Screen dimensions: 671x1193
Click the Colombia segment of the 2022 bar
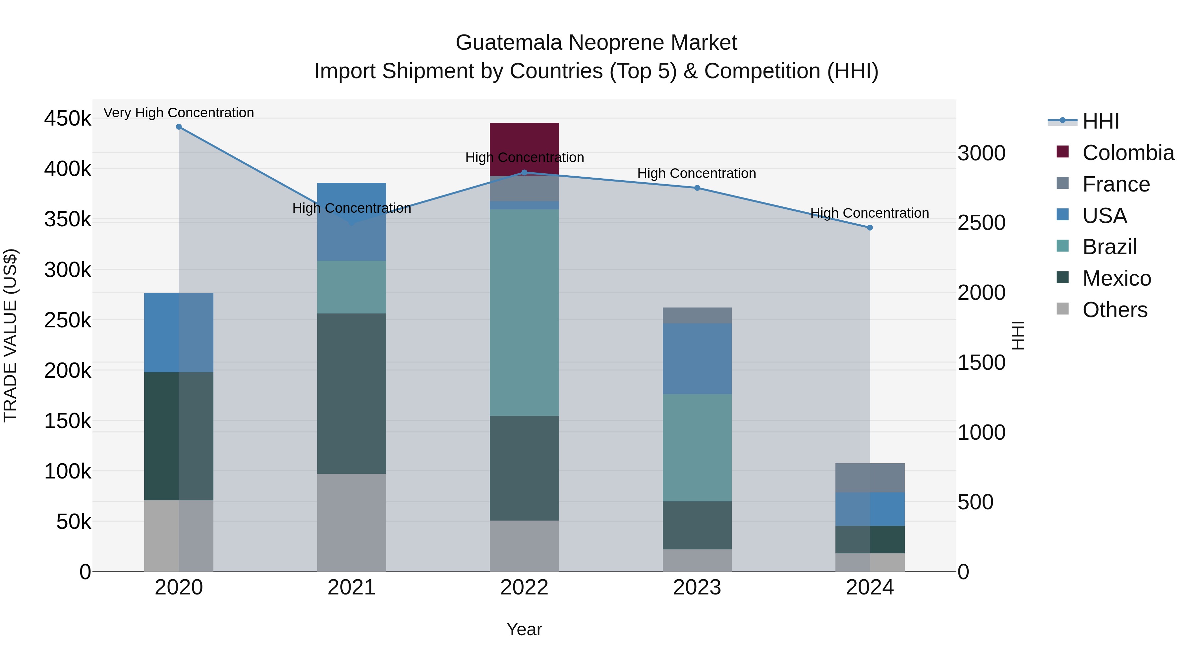pos(524,139)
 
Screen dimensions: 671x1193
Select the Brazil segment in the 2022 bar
pos(524,312)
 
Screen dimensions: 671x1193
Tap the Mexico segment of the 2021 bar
pos(352,394)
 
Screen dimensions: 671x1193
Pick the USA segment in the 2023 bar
pos(697,359)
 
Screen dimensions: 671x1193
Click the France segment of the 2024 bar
pos(870,477)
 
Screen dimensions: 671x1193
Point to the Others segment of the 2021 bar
pos(352,522)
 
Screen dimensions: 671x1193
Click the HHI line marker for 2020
pos(179,127)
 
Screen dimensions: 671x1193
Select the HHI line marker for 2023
pos(697,188)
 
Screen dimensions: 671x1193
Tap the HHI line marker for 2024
pos(870,228)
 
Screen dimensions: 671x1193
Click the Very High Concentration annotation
pos(179,113)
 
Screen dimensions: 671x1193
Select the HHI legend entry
pos(1100,121)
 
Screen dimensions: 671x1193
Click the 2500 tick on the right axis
pos(981,223)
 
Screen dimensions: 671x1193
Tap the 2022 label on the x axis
pos(524,587)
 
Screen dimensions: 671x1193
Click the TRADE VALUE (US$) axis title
pos(10,336)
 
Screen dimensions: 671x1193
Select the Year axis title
pos(524,629)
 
